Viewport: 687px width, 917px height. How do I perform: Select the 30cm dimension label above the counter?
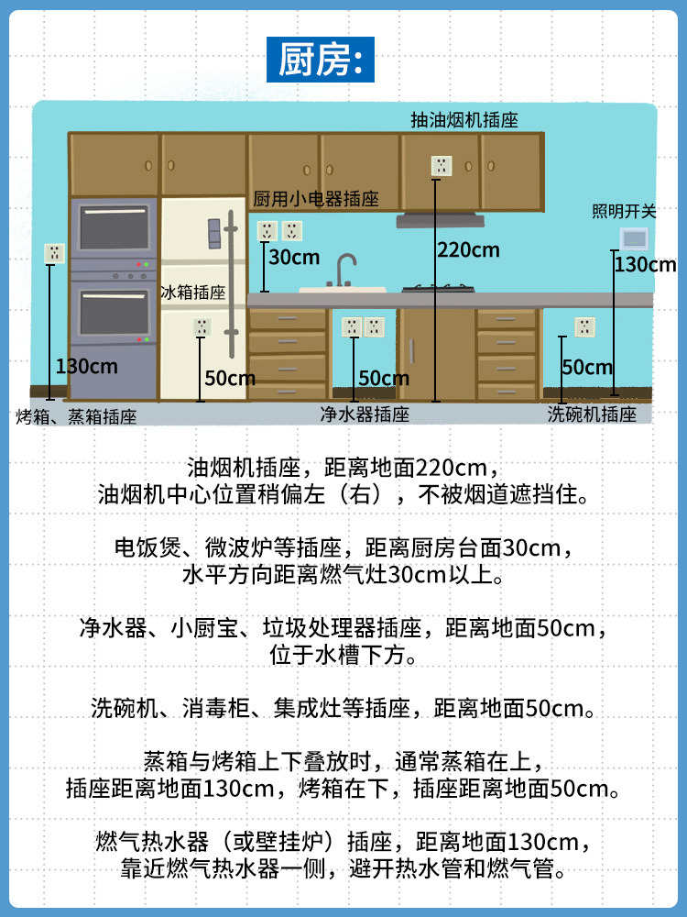point(294,257)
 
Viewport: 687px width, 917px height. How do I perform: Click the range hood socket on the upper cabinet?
point(442,167)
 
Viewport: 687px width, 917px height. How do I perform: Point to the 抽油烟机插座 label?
point(464,120)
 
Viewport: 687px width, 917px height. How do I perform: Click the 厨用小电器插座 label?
point(316,200)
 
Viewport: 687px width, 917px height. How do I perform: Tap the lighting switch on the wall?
point(633,238)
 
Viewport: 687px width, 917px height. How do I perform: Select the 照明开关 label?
point(625,211)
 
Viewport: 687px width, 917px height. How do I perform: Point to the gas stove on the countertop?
point(440,289)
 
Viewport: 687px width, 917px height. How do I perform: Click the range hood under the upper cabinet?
point(441,220)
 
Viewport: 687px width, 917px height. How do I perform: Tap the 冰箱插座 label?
point(192,293)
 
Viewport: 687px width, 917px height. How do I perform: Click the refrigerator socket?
point(202,326)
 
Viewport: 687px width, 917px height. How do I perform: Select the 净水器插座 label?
point(365,414)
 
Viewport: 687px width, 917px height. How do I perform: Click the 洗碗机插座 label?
point(592,414)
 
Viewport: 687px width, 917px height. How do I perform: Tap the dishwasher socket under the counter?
point(584,326)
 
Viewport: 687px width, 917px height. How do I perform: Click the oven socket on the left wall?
point(55,253)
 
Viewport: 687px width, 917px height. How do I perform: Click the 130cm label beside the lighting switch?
point(644,265)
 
